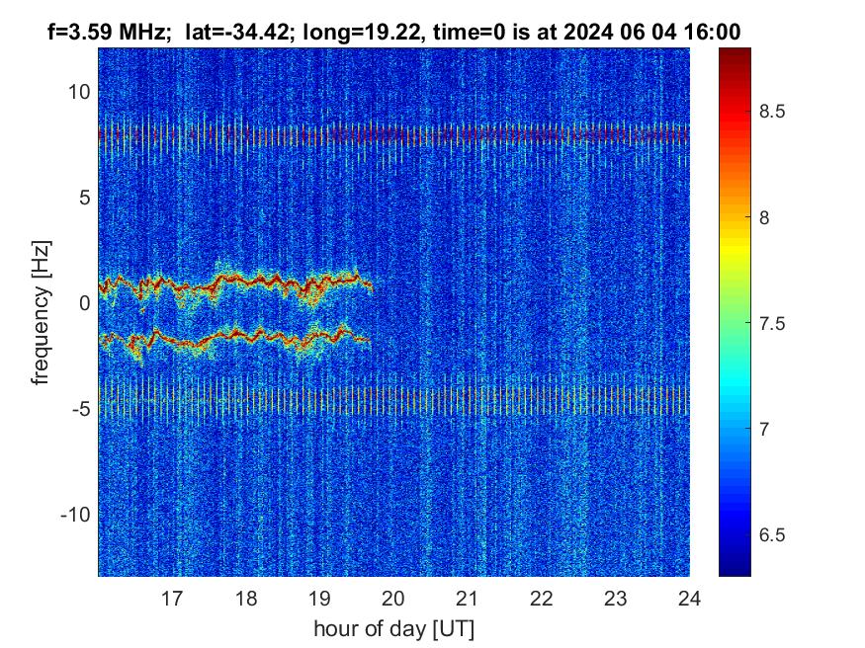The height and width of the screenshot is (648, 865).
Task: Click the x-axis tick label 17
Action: point(172,598)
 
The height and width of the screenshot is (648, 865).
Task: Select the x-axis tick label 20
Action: point(393,598)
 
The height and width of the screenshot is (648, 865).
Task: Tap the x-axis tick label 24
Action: point(689,598)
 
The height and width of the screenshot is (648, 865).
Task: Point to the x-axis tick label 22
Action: point(542,598)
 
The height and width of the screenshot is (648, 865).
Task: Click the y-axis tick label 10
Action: point(79,92)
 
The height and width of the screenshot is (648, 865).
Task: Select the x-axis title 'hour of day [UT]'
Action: point(393,628)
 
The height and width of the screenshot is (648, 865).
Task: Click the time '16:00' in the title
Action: point(717,32)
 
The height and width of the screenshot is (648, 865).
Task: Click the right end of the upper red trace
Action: point(371,286)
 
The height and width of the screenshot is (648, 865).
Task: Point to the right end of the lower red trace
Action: point(369,340)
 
